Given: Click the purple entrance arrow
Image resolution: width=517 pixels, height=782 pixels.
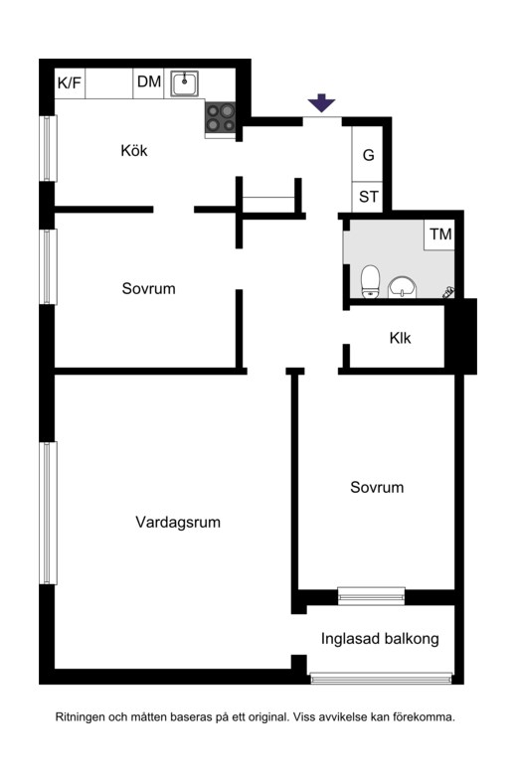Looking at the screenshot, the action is [321, 102].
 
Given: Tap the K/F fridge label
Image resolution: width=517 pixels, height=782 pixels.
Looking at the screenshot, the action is [70, 82].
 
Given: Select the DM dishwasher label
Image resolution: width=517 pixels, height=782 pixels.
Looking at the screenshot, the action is [149, 81].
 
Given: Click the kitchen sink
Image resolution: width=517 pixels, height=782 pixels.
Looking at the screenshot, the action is [185, 83].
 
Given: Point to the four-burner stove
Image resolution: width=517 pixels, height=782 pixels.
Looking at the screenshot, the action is [220, 117].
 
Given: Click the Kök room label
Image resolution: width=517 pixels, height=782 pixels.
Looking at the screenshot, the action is [134, 150].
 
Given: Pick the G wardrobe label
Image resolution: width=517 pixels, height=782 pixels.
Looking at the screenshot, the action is [368, 155].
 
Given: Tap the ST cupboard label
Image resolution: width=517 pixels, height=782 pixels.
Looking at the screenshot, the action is [369, 197].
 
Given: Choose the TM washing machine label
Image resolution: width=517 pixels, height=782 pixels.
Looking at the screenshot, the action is [441, 234].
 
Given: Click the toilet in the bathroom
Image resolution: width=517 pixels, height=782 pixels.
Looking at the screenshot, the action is [370, 282].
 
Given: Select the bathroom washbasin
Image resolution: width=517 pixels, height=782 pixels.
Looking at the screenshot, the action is [403, 287].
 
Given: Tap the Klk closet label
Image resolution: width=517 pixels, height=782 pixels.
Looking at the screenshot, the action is [401, 338].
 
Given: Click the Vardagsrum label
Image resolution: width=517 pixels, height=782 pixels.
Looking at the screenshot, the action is [178, 523].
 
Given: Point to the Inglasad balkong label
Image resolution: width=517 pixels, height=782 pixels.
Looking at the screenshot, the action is [380, 639].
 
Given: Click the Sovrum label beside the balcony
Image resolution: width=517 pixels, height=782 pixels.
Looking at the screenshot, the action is [377, 487].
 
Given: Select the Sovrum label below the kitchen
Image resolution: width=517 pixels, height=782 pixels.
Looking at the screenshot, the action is [149, 288].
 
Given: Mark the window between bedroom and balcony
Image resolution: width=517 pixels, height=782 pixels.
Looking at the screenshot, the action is [371, 596].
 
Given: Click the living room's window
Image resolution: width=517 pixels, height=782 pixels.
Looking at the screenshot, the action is [48, 513].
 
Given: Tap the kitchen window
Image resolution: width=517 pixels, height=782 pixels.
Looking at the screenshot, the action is [48, 148].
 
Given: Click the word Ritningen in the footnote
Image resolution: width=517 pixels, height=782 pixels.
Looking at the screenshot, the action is [81, 717].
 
